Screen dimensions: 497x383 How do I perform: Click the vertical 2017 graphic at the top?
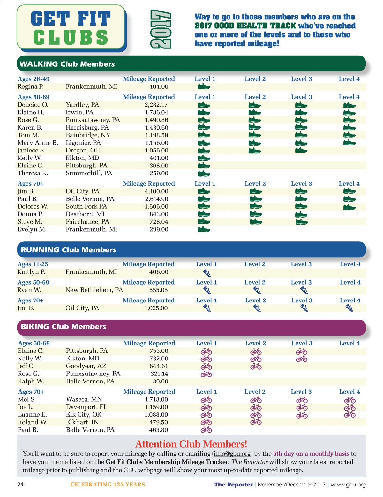tap(161, 29)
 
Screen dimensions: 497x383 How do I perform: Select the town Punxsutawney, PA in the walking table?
tap(93, 120)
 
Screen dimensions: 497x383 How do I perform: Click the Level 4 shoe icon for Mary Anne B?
tap(349, 143)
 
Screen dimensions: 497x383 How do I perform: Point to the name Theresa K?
tap(33, 173)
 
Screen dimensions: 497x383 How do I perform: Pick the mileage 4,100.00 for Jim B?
tap(156, 191)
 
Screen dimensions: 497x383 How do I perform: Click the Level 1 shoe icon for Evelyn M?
tap(204, 229)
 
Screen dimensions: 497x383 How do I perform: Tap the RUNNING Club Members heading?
tap(68, 250)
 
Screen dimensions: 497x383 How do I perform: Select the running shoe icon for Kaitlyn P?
tap(207, 273)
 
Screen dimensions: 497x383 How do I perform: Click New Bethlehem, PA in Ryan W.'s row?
tap(94, 290)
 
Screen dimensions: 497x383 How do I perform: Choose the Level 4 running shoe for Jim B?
tap(349, 308)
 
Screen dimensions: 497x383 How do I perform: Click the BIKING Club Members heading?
tap(63, 327)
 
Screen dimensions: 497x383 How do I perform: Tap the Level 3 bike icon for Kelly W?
tap(302, 359)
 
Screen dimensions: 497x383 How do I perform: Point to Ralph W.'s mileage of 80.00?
tap(160, 382)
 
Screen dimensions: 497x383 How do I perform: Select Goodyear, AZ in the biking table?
tap(86, 366)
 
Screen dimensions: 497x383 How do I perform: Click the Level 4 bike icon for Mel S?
tap(350, 400)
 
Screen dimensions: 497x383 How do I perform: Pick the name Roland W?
tap(33, 422)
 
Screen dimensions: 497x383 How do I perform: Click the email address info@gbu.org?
tap(232, 454)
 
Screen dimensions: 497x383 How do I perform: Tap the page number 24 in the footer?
tap(20, 485)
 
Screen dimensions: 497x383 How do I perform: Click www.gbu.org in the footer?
tap(348, 485)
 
